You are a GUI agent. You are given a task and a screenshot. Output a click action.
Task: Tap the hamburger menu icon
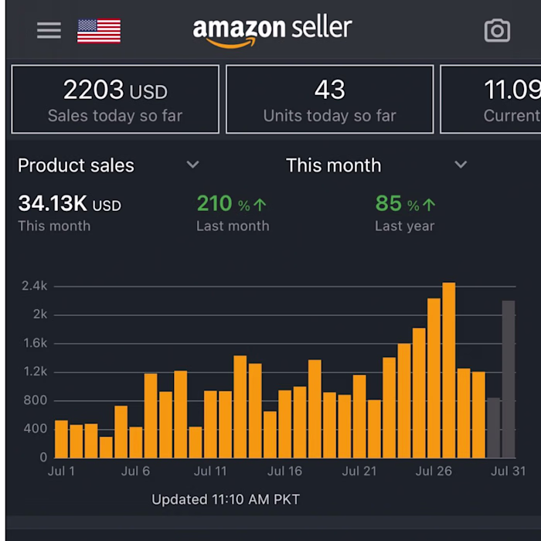pos(49,30)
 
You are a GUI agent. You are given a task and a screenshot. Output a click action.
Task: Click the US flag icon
pos(99,31)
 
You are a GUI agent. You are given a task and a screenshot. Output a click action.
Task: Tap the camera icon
pos(497,30)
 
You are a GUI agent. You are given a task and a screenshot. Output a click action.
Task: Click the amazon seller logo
pos(272,30)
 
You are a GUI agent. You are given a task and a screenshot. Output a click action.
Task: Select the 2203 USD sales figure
pos(114,91)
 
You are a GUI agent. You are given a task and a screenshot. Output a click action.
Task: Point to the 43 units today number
pos(329,90)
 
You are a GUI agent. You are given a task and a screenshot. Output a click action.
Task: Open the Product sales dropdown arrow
pos(193,165)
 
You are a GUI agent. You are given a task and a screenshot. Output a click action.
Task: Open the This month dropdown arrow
pos(461,165)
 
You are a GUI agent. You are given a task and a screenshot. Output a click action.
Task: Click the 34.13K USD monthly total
pos(70,204)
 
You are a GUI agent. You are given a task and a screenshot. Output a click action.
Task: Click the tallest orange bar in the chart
pos(449,370)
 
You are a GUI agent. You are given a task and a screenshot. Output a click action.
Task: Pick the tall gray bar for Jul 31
pos(508,379)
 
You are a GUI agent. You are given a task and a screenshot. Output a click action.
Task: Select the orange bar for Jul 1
pos(61,439)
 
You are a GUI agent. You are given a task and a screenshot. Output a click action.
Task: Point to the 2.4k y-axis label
pos(35,286)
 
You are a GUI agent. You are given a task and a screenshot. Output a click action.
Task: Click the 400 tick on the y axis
pos(35,429)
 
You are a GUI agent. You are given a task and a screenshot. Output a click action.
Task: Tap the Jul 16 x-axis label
pos(284,471)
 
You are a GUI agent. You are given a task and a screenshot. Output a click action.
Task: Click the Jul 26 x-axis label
pos(434,471)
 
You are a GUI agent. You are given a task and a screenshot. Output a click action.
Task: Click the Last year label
pos(404,226)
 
